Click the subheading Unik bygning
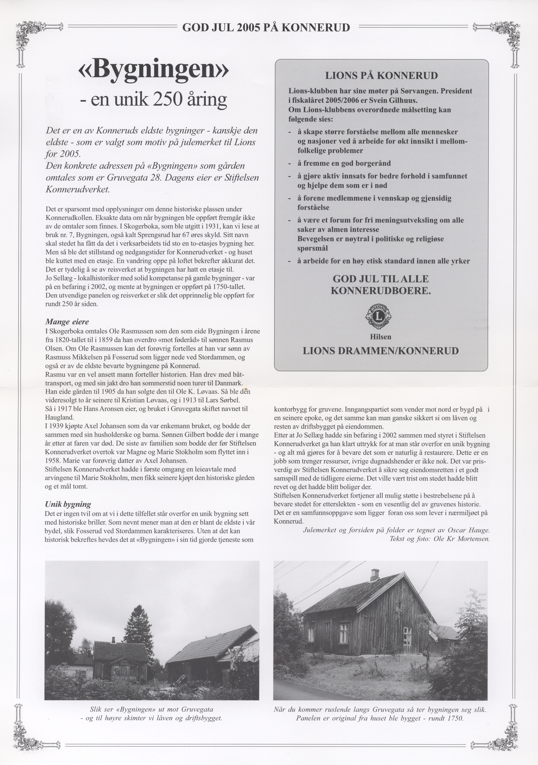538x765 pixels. [68, 504]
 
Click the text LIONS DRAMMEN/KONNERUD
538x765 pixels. [381, 351]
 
